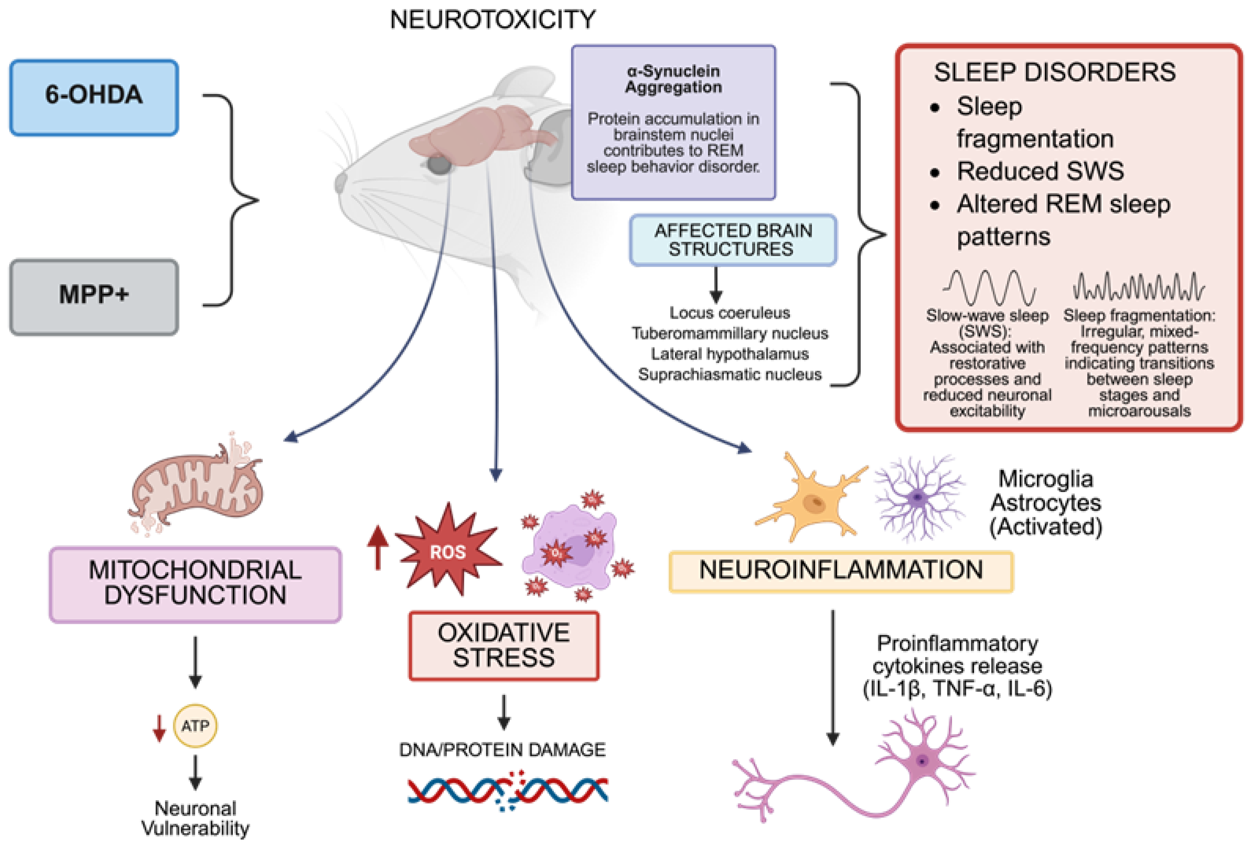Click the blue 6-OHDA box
tap(94, 97)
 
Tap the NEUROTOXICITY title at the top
tap(492, 20)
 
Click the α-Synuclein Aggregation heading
tap(673, 79)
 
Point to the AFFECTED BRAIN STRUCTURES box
tap(733, 240)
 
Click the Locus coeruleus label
tap(730, 312)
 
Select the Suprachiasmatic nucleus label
tap(730, 374)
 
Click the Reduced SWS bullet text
tap(1040, 171)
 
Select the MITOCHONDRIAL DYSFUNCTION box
tap(195, 584)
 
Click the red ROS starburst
tap(447, 550)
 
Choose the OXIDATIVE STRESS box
tap(503, 645)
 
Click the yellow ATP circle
tap(195, 726)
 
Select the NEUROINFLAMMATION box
tap(841, 571)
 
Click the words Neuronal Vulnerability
tap(195, 817)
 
